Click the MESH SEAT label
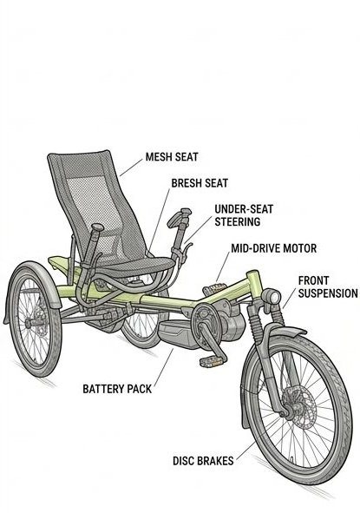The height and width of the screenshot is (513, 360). click(x=172, y=157)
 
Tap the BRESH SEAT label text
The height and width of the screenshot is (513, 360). click(x=200, y=183)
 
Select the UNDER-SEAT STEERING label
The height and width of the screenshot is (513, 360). click(x=244, y=215)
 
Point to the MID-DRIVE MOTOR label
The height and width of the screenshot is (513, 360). click(x=273, y=248)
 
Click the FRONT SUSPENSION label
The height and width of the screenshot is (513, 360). click(x=328, y=287)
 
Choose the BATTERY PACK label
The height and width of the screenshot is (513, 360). click(x=117, y=389)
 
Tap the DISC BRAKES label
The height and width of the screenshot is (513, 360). click(x=203, y=461)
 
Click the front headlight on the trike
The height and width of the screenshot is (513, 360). click(x=272, y=297)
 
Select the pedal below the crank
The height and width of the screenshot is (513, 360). click(x=213, y=361)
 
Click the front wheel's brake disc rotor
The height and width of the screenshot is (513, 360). click(x=299, y=407)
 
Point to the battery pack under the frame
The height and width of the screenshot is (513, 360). click(x=176, y=333)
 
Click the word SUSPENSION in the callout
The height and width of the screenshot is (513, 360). click(x=328, y=293)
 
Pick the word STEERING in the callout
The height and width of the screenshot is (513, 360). click(x=238, y=222)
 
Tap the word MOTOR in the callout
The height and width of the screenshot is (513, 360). click(x=299, y=248)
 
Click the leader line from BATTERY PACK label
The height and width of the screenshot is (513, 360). click(x=163, y=368)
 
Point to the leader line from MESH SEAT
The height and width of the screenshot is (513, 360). click(x=132, y=168)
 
